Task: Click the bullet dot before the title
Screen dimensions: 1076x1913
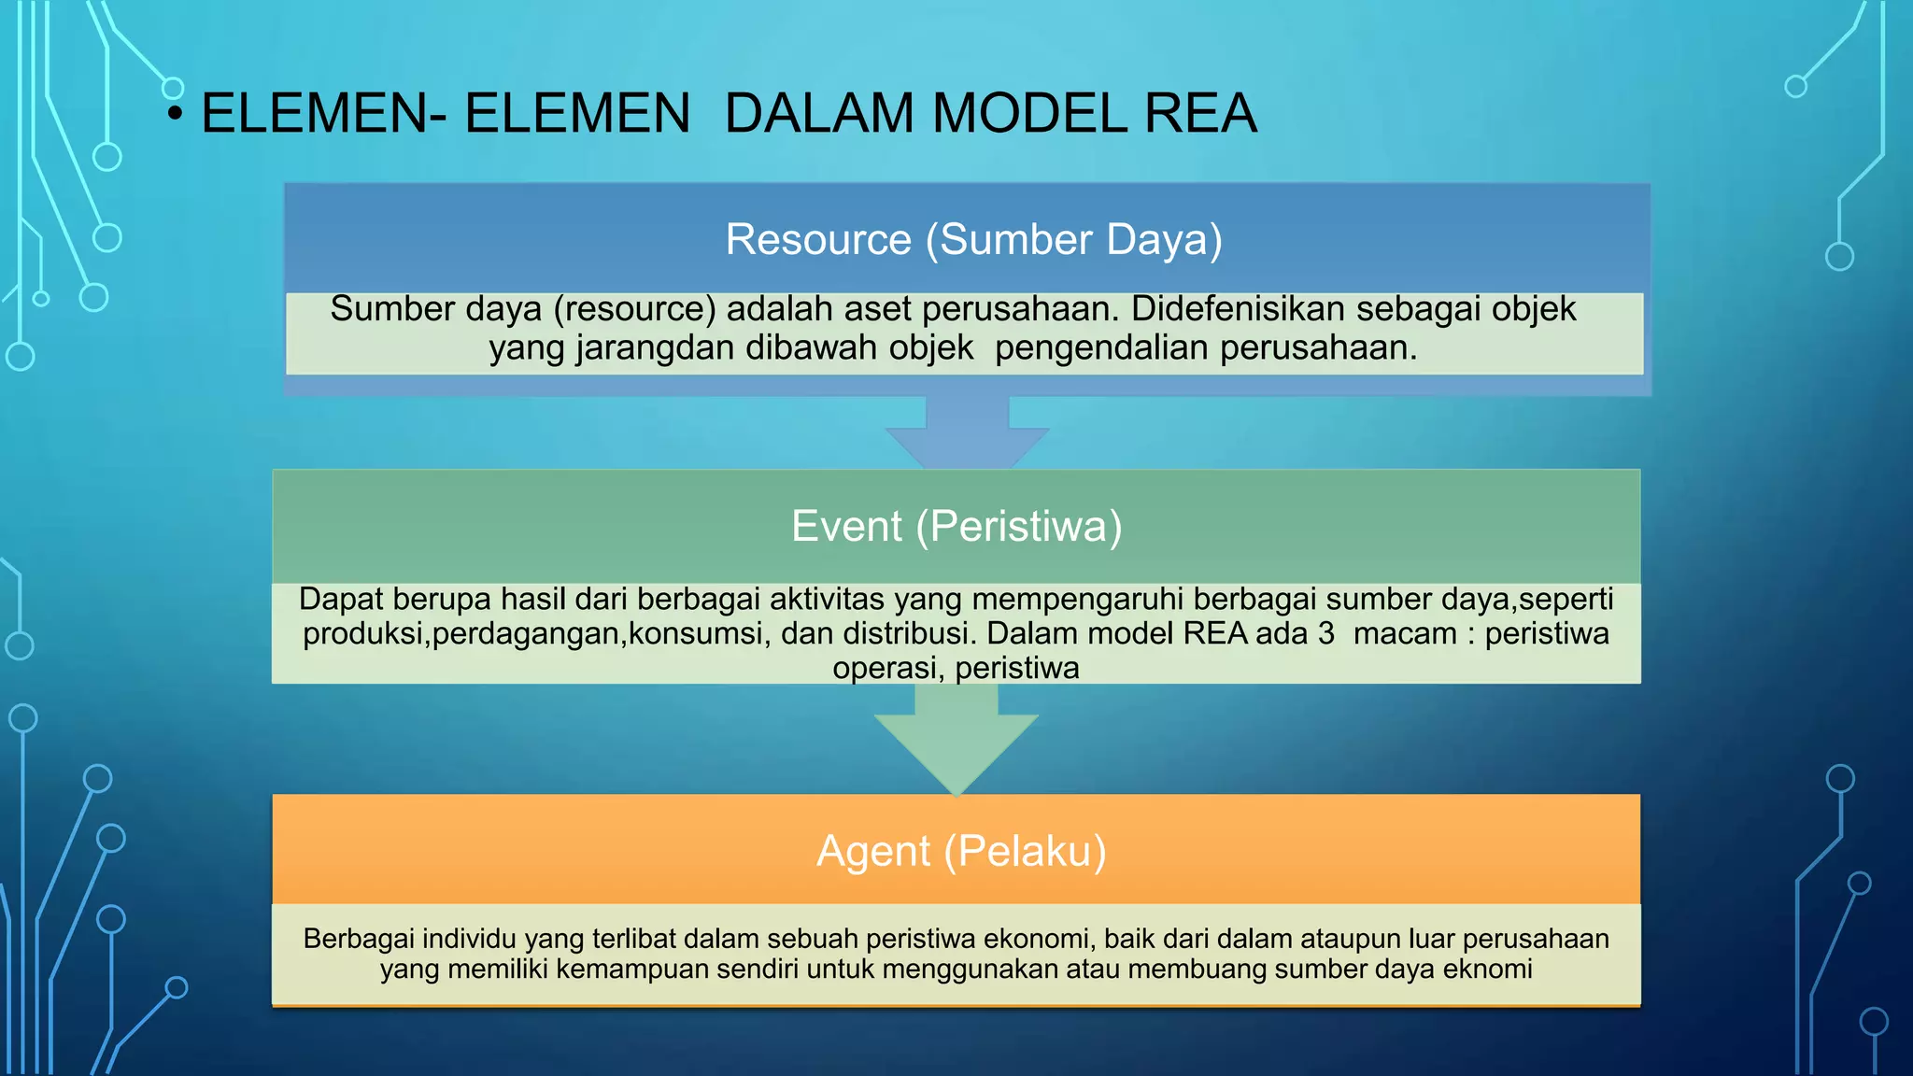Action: click(x=175, y=113)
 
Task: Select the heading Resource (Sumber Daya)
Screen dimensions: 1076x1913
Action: click(x=973, y=239)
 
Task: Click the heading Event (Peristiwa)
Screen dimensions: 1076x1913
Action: click(x=956, y=526)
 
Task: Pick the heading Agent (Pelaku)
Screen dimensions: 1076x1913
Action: click(x=961, y=851)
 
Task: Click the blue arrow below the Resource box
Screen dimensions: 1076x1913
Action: click(x=968, y=434)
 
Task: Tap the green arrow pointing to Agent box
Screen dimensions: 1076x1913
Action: click(x=956, y=743)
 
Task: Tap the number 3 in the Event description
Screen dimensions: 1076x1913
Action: click(x=1325, y=634)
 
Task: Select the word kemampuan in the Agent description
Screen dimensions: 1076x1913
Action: click(x=629, y=970)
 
